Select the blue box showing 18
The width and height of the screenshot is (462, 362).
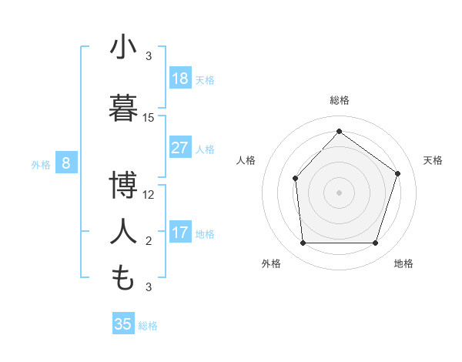(x=180, y=79)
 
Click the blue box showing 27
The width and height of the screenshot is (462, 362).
(x=180, y=148)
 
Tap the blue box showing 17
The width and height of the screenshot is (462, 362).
(x=180, y=233)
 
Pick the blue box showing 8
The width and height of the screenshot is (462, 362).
(x=66, y=163)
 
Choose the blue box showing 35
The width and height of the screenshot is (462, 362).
(x=123, y=324)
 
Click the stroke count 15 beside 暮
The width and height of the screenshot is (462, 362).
(x=149, y=118)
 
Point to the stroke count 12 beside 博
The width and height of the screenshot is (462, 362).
(x=149, y=195)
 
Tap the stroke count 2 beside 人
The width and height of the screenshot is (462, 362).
(x=149, y=241)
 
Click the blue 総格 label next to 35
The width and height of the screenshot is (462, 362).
(x=148, y=326)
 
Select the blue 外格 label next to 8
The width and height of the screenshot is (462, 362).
(x=40, y=164)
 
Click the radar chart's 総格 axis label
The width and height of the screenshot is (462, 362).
(x=339, y=100)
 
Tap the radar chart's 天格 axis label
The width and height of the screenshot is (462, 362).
(x=433, y=160)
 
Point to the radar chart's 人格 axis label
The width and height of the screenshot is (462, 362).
(x=246, y=160)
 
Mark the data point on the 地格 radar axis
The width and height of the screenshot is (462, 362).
(x=375, y=243)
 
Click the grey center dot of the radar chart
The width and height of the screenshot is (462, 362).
(x=339, y=193)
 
